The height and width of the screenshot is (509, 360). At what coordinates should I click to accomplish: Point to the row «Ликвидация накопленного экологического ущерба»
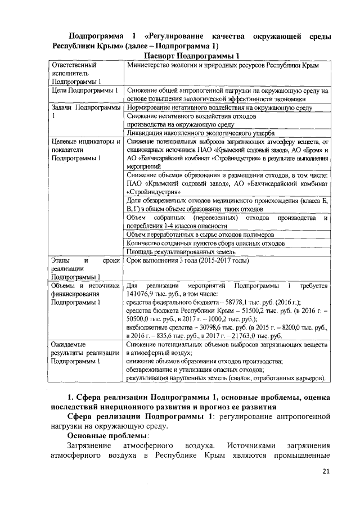tap(201, 133)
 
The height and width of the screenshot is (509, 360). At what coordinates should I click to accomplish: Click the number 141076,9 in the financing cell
tap(145, 294)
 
